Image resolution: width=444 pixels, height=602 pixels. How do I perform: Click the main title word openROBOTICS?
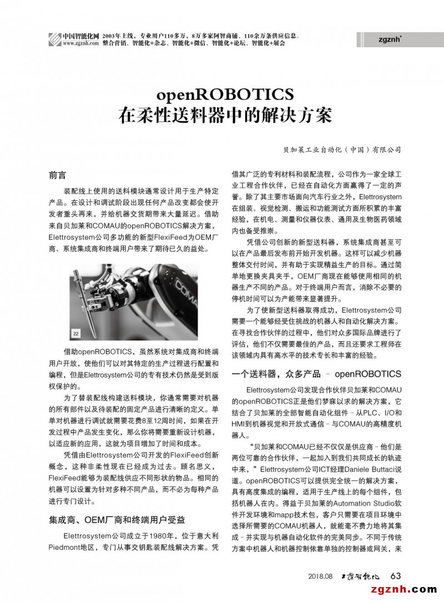224,92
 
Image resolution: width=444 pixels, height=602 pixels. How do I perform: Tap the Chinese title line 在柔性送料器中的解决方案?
224,115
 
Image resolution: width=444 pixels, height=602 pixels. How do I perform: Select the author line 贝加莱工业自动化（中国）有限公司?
342,150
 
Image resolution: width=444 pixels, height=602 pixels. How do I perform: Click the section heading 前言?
58,175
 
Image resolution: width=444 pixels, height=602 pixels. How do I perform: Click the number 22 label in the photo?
76,333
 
